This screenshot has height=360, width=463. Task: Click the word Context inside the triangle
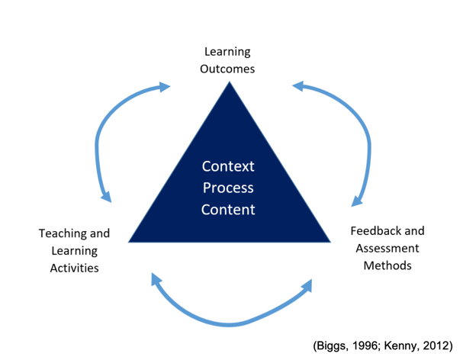(x=228, y=166)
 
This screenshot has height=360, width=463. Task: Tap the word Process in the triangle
(x=228, y=188)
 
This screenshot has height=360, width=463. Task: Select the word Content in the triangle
(x=228, y=210)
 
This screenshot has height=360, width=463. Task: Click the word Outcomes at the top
(x=227, y=69)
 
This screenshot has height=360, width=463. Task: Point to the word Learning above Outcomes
(x=227, y=52)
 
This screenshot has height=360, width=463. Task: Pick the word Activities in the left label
(x=75, y=268)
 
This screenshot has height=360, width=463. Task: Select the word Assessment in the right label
(x=387, y=248)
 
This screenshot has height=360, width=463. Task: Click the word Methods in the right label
(x=387, y=265)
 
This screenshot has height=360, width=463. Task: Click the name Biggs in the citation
(x=331, y=346)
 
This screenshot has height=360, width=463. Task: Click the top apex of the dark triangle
(x=230, y=82)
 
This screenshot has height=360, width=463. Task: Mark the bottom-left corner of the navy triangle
(x=128, y=243)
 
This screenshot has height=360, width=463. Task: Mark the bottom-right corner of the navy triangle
(x=330, y=243)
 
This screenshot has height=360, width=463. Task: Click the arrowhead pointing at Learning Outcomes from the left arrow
(x=164, y=87)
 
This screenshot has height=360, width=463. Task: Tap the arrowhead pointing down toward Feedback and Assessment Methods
(x=356, y=201)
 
